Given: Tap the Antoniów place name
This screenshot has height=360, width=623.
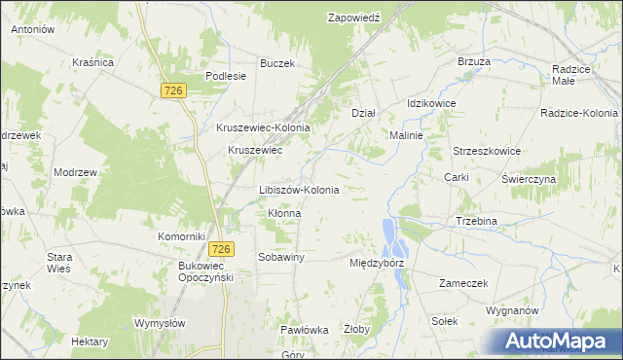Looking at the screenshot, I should click(32, 30).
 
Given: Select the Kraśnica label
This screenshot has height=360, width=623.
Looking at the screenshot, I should click(93, 62).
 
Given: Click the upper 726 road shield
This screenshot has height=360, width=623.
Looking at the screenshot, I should click(173, 90).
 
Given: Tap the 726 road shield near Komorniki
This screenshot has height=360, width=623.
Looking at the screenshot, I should click(221, 249).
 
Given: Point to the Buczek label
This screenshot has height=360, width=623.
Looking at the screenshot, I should click(276, 63).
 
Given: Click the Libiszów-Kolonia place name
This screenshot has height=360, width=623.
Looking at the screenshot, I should click(299, 190).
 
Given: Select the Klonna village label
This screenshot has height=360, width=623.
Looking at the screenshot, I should click(284, 213).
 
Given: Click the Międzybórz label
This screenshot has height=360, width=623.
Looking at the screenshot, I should click(377, 263).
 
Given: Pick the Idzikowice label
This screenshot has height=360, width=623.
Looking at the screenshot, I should click(431, 103).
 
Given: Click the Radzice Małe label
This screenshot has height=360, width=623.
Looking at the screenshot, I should click(577, 76).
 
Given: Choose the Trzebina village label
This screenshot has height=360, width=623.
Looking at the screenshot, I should click(477, 221).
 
